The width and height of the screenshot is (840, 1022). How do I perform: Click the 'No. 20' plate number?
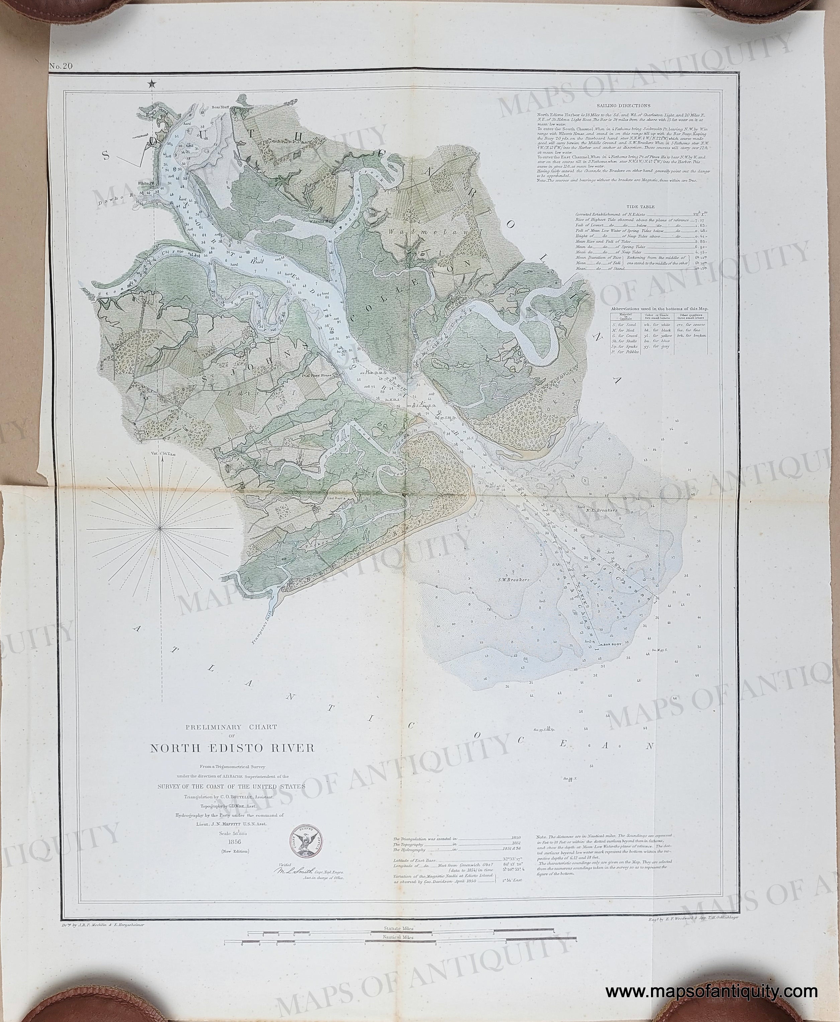click(x=61, y=66)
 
